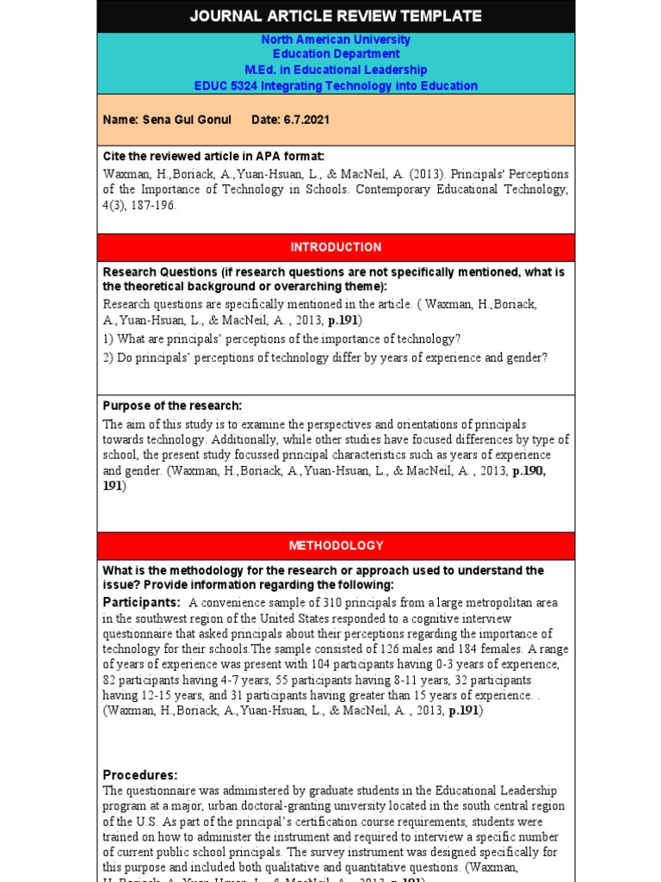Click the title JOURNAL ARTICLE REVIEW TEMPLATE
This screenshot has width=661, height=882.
coord(336,16)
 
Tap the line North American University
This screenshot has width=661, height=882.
coord(336,40)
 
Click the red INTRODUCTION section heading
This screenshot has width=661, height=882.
coord(336,247)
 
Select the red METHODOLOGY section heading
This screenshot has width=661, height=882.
coord(336,545)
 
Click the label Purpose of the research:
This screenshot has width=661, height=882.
coord(172,406)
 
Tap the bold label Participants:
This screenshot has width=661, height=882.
coord(141,602)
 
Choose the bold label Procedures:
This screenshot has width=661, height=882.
coord(139,774)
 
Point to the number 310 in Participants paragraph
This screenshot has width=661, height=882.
coord(325,603)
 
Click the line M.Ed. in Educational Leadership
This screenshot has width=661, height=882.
coord(336,70)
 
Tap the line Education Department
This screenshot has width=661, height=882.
coord(336,54)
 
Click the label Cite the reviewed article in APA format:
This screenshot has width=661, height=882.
coord(213,156)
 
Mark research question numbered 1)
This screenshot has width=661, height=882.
coord(281,339)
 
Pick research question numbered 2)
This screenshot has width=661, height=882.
coord(324,357)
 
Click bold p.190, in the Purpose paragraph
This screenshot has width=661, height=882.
coord(528,470)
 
